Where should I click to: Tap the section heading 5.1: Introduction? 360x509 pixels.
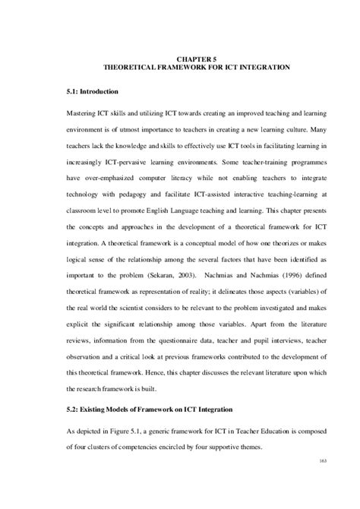pos(93,92)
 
